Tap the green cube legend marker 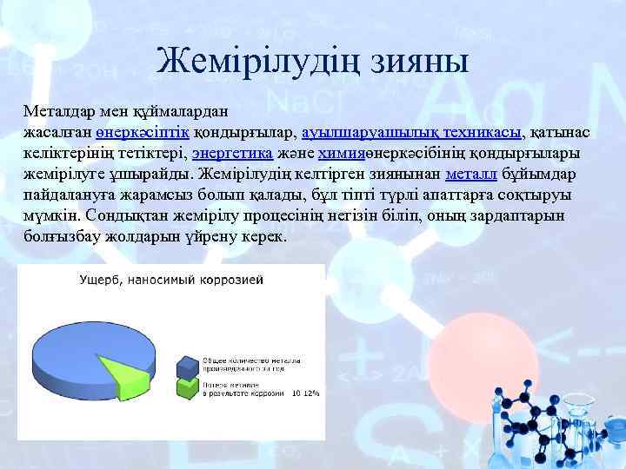point(186,386)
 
